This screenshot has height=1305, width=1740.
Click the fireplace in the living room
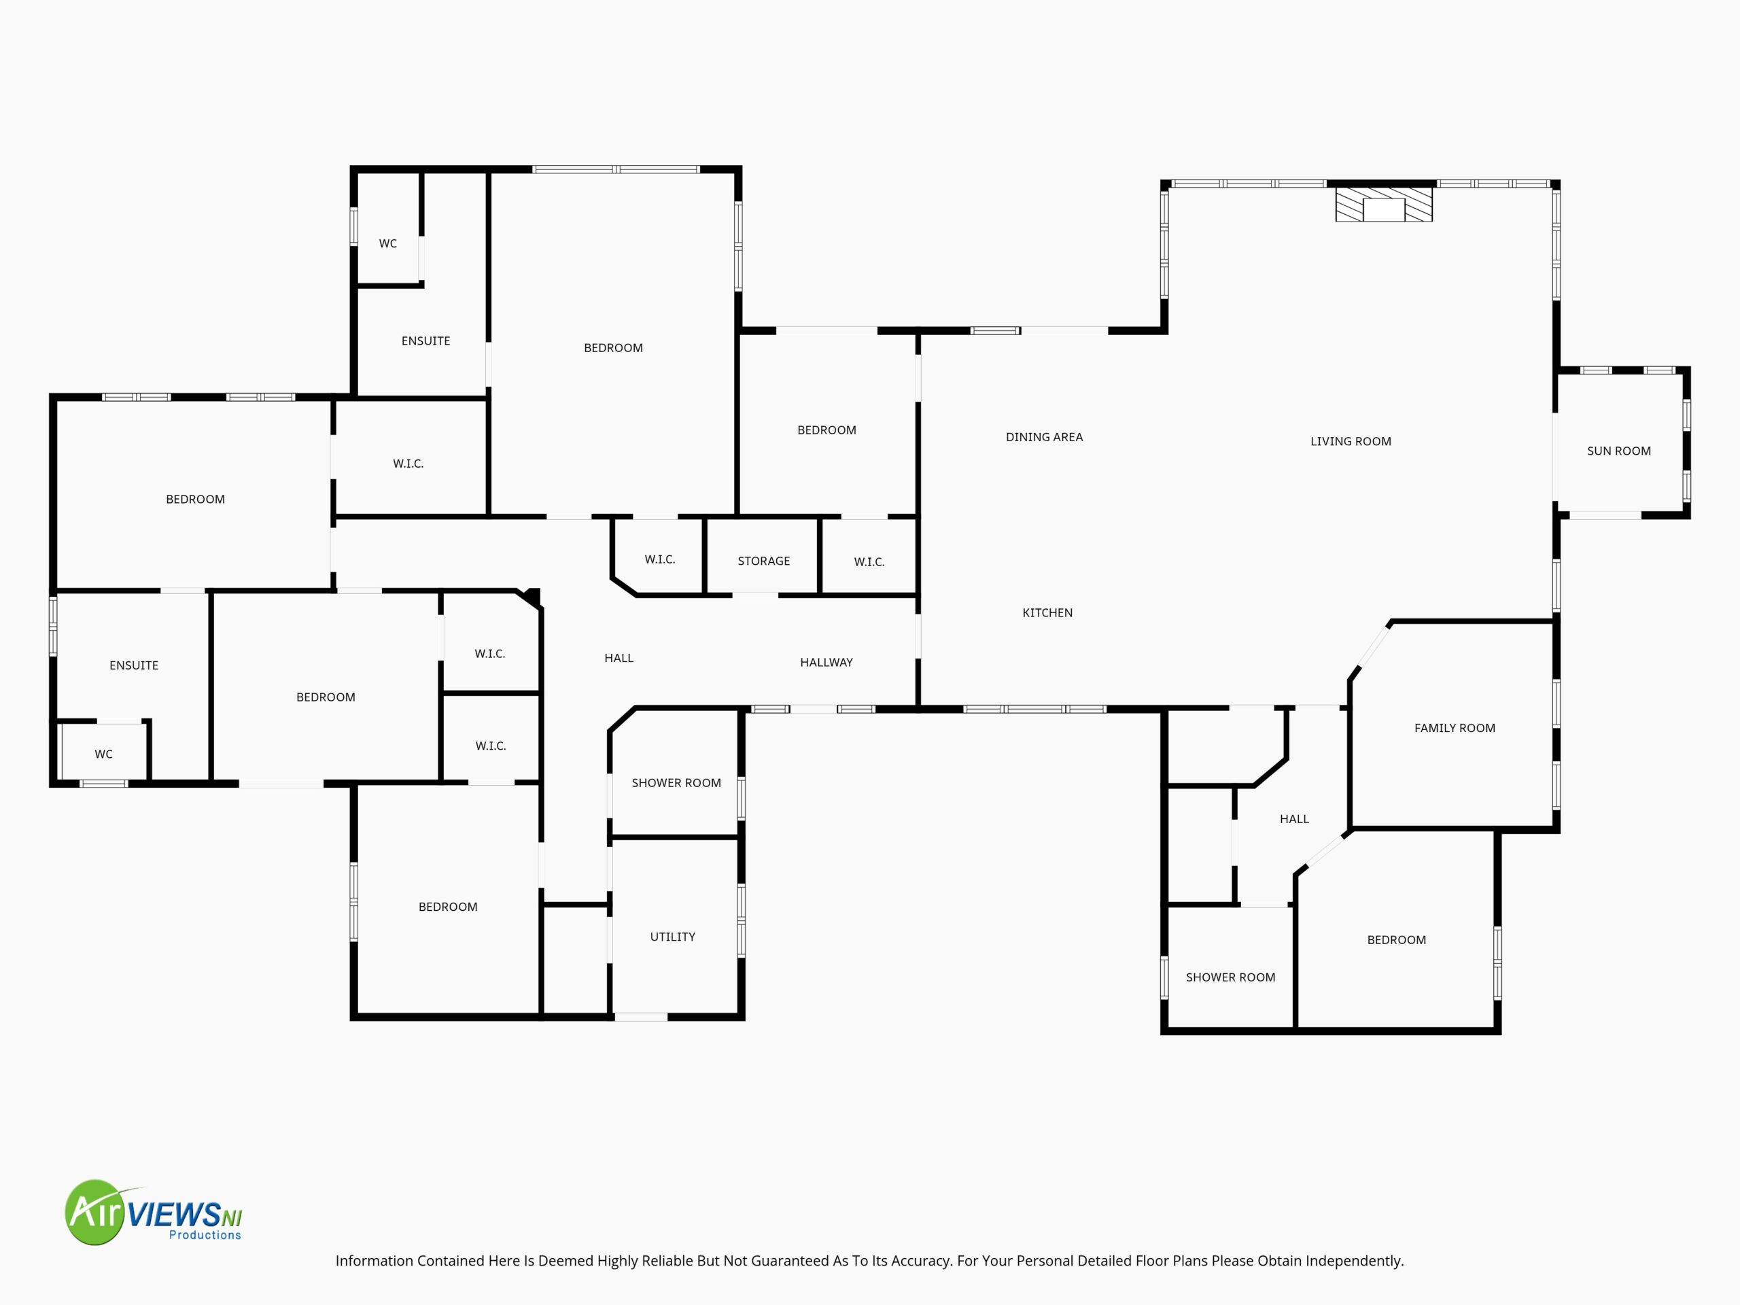pos(1384,204)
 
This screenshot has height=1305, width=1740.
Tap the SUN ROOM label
pos(1618,451)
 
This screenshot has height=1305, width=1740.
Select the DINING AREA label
pos(1044,436)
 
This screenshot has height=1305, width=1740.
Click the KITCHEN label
pos(1047,613)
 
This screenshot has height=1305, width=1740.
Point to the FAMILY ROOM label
pos(1455,728)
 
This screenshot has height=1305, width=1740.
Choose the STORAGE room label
pos(763,561)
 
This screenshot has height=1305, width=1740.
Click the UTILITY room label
pos(673,936)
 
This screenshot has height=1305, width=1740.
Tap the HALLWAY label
pos(826,662)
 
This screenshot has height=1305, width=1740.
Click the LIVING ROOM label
pos(1351,441)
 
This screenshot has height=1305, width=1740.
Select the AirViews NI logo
pos(154,1212)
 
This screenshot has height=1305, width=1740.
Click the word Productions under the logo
pos(205,1235)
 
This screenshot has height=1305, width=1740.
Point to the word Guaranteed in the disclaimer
pos(789,1260)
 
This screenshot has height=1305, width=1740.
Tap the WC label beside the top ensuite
pos(388,243)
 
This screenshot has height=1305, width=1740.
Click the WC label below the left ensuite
pos(103,754)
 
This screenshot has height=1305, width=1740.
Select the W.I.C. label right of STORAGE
pos(869,561)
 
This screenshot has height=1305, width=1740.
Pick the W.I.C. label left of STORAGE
pos(659,559)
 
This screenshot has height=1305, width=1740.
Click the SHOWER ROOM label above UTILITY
pos(676,783)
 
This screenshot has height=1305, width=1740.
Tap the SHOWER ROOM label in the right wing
pos(1230,977)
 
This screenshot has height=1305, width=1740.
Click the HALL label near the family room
pos(1294,819)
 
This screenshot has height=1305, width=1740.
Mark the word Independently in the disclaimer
pos(1355,1261)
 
